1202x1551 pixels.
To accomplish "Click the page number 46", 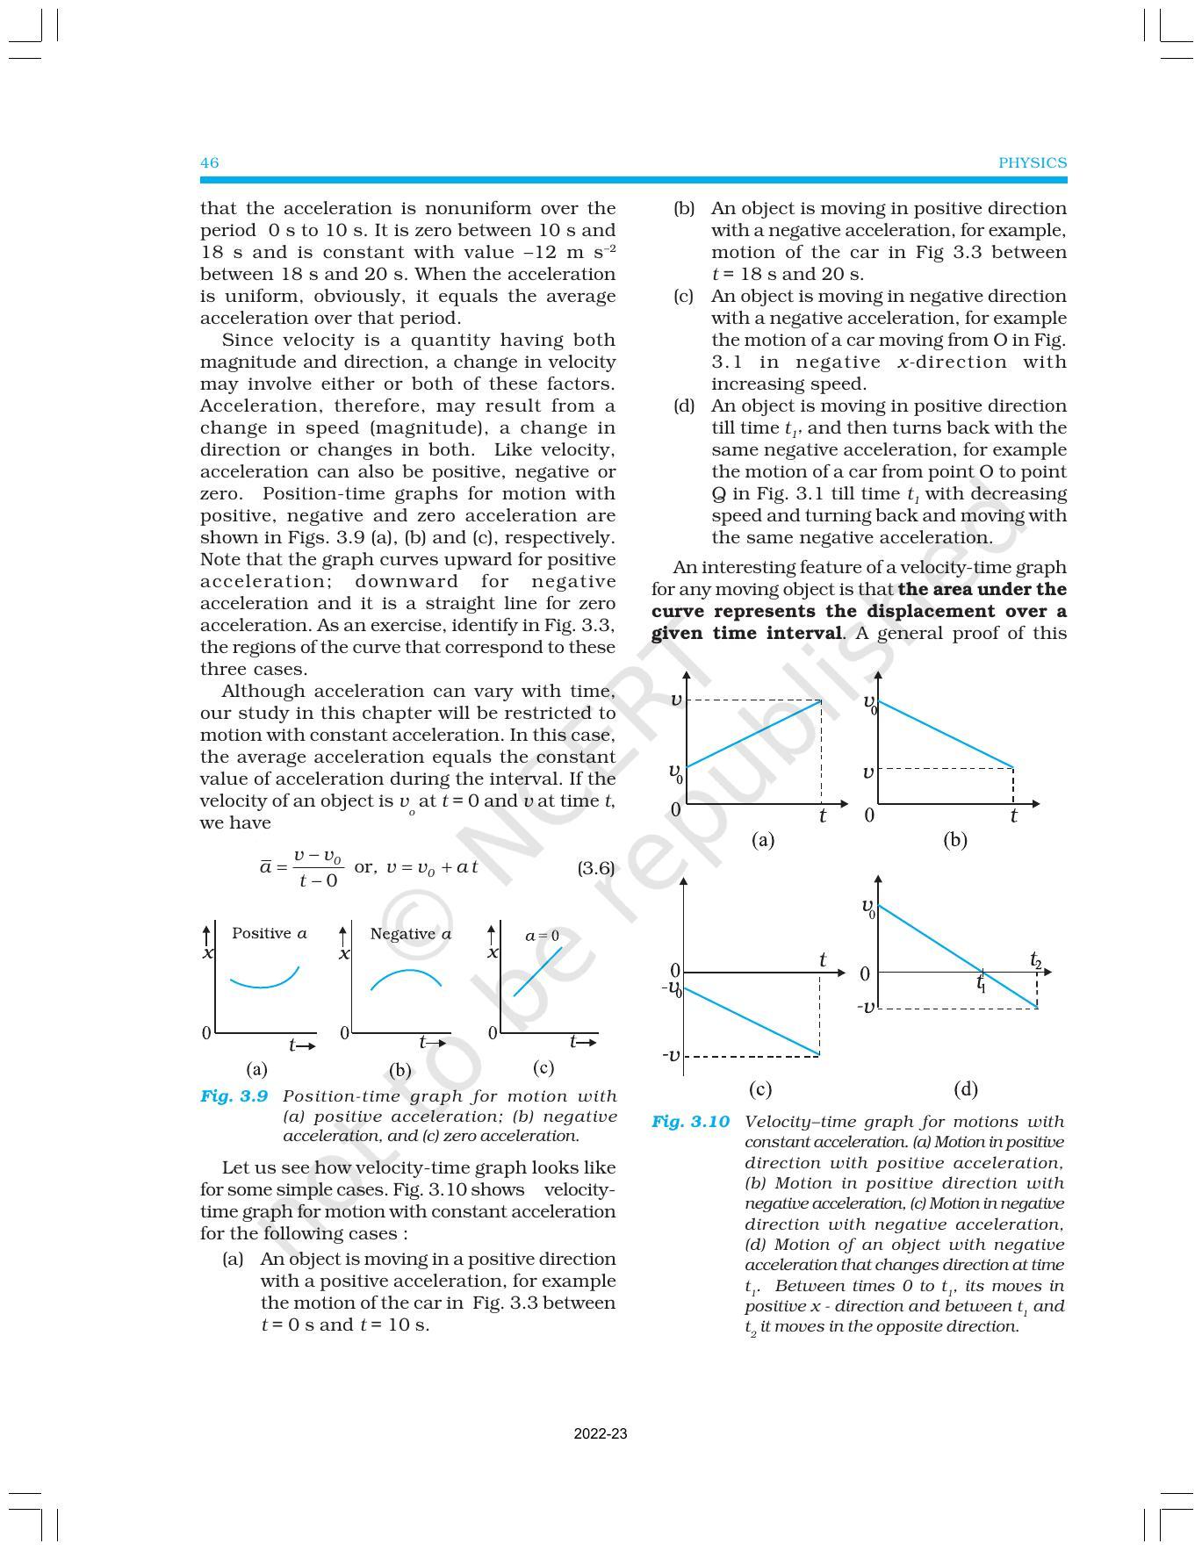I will (x=209, y=162).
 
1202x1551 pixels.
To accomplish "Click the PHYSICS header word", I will (x=1033, y=162).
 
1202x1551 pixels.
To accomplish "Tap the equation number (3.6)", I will (x=595, y=868).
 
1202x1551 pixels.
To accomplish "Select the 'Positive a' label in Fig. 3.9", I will (x=269, y=933).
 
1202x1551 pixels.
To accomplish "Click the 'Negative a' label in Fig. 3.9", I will (x=410, y=934).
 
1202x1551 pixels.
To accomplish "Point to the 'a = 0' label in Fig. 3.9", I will (x=542, y=936).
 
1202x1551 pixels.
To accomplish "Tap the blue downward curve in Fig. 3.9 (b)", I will (x=407, y=973).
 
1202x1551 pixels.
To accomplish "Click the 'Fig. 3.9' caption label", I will (x=234, y=1096).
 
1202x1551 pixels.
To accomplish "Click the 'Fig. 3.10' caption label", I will (x=690, y=1122).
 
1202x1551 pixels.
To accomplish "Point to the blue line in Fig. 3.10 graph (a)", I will (x=753, y=734).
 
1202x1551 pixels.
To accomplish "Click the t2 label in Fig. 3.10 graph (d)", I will (x=1036, y=960).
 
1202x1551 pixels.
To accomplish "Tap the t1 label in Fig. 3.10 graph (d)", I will (x=982, y=985).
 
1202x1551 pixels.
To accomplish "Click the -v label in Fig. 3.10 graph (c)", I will (x=671, y=1054).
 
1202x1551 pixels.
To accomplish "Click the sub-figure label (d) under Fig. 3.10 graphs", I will (x=965, y=1089).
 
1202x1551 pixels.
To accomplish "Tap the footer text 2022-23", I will (x=601, y=1434).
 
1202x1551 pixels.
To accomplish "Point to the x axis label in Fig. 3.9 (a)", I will (x=208, y=953).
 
